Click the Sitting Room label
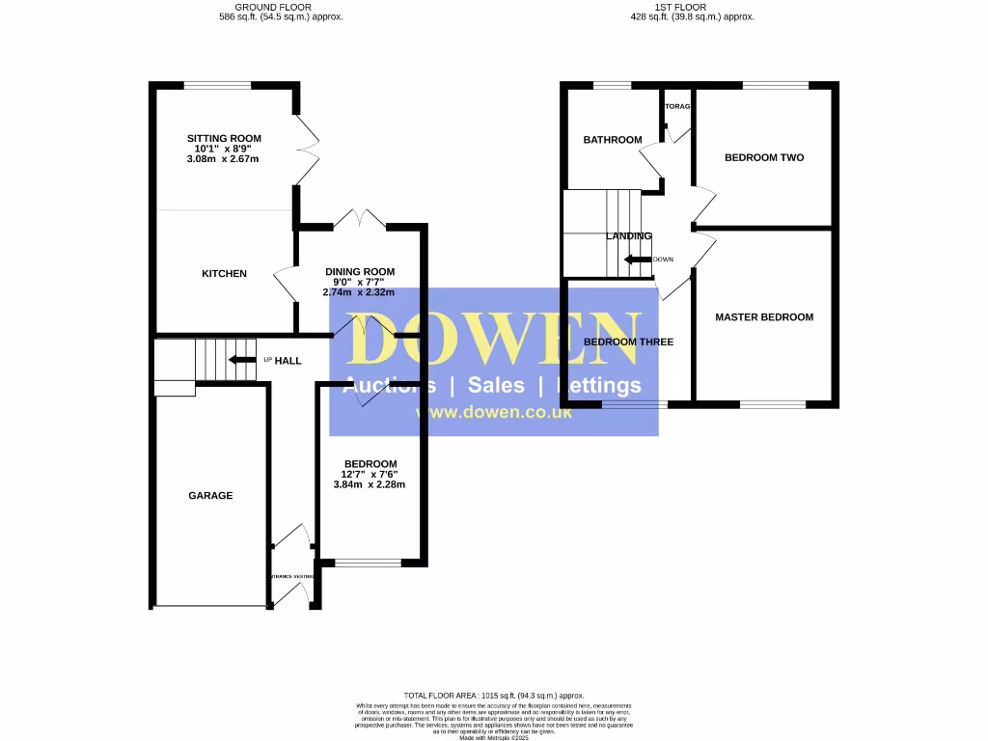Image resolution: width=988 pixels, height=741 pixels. point(224,138)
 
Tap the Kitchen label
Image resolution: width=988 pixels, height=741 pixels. point(224,274)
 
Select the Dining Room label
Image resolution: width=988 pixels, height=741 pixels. point(359,271)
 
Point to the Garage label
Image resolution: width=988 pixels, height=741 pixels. point(210,496)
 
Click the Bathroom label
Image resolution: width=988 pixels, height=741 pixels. point(612,140)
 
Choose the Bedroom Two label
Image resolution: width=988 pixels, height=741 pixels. point(764,157)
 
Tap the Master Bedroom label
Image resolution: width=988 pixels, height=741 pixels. point(764,316)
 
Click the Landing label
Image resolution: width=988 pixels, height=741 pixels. point(628,236)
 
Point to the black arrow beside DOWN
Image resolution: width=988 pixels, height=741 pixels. point(637,259)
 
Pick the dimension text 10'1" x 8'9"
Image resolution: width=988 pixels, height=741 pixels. point(224,149)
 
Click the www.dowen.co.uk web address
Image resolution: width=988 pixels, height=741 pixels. point(494,412)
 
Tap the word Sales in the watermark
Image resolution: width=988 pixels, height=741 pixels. point(496,386)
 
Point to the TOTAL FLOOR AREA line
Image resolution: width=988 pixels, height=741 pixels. point(494,696)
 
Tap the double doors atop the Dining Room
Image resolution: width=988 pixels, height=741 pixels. point(359,219)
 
